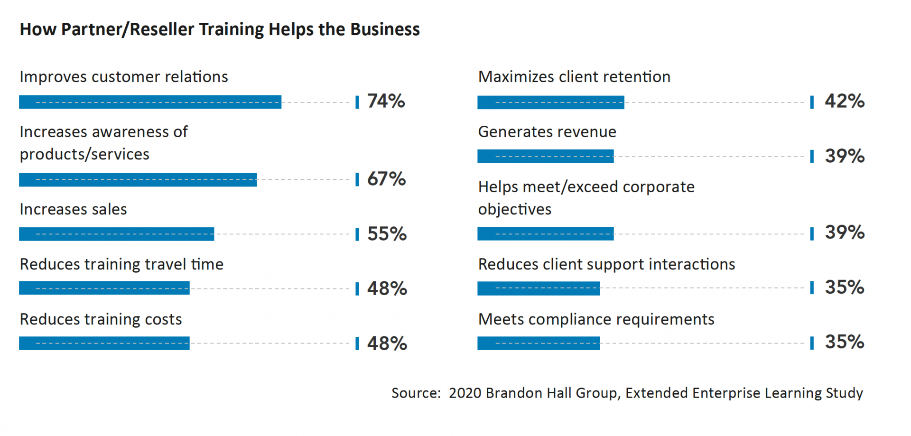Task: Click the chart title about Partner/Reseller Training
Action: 219,29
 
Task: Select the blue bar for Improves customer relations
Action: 150,102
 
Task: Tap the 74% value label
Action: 386,101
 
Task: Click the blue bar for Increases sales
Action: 116,234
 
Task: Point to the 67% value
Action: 386,179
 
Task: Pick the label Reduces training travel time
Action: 121,264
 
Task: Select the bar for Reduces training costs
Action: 104,343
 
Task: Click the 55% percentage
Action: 387,234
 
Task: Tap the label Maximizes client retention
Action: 574,77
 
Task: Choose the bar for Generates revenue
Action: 545,156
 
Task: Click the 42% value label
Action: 844,101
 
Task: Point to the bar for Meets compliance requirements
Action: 538,343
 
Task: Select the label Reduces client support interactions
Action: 606,264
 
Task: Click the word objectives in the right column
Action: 514,209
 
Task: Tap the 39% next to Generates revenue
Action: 844,156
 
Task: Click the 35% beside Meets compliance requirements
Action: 844,342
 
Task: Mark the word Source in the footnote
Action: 415,393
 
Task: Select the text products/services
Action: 84,154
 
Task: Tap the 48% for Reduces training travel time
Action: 387,288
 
